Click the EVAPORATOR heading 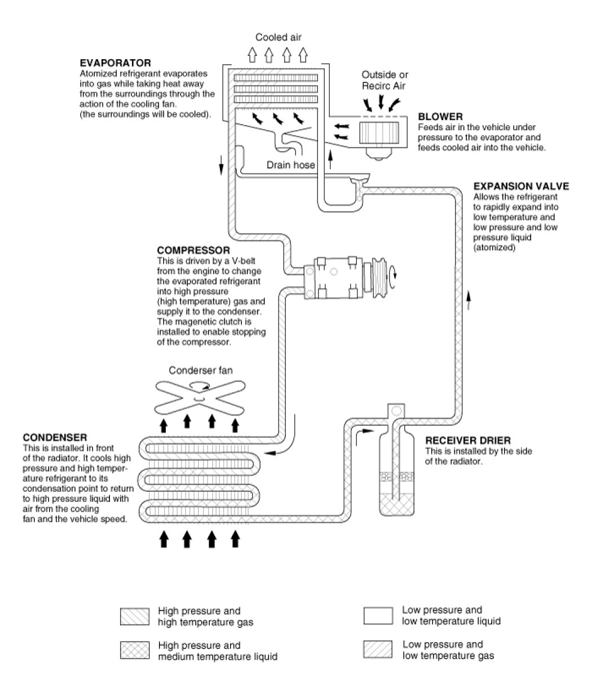point(115,63)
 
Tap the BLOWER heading point(440,117)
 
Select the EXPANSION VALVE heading point(521,186)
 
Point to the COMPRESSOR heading point(193,250)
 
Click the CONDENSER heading point(55,438)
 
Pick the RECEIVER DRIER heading point(468,441)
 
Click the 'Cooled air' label point(279,38)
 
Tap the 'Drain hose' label point(290,165)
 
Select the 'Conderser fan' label point(201,371)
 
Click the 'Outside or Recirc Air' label point(385,80)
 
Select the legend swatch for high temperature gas point(135,617)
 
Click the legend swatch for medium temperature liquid point(135,651)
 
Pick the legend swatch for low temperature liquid point(378,616)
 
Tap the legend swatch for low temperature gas point(378,650)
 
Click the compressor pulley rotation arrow point(396,274)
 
